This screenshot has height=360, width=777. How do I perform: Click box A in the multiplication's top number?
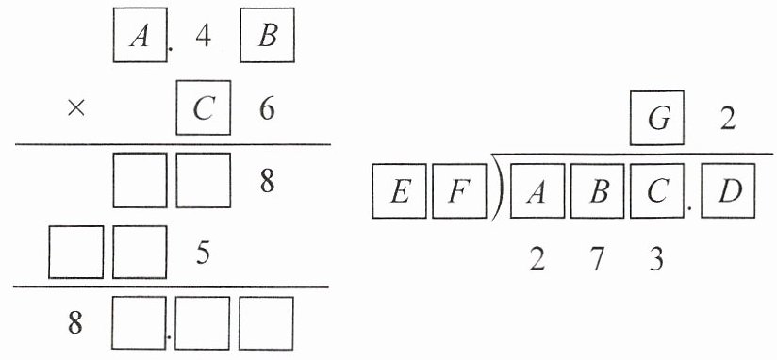(x=141, y=35)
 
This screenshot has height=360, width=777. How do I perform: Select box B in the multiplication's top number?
(x=268, y=35)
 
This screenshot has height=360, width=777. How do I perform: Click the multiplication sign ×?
(x=75, y=109)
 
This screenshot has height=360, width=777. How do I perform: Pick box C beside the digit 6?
(x=203, y=107)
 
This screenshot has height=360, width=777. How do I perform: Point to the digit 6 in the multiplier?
(x=267, y=110)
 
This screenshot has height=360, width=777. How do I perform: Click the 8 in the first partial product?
(x=267, y=182)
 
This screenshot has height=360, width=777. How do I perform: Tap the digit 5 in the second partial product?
(x=203, y=254)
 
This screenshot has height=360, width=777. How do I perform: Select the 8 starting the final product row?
(x=75, y=326)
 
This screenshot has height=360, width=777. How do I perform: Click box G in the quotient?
(x=657, y=118)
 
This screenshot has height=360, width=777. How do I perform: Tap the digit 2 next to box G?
(x=727, y=121)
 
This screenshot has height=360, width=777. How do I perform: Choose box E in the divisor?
(x=400, y=191)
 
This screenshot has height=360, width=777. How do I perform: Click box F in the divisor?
(x=459, y=191)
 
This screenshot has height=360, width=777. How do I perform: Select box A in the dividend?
(x=537, y=191)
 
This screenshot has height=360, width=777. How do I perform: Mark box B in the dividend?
(x=597, y=191)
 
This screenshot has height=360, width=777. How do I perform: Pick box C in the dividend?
(x=657, y=191)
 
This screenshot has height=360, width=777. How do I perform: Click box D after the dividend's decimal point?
(x=728, y=191)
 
